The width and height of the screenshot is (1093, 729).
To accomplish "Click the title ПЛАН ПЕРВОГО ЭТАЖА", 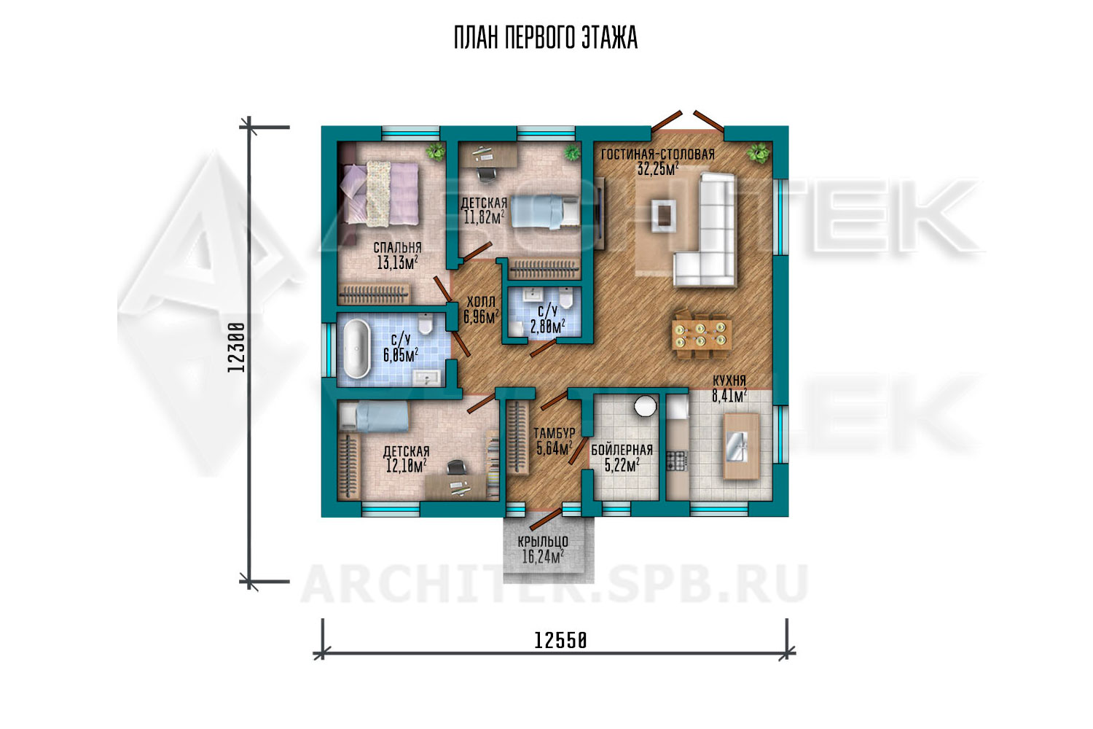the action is [546, 38].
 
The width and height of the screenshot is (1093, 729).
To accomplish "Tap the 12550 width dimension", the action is [560, 640].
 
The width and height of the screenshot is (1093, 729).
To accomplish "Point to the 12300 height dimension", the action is [236, 347].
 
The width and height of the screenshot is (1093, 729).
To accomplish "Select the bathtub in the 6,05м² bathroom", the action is [357, 349].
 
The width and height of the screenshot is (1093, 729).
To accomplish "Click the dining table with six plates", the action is [701, 335].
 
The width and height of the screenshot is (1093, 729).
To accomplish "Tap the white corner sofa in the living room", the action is [705, 230].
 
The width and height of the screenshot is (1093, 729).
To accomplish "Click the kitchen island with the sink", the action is [741, 446].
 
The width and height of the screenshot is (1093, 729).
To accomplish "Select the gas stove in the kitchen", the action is [677, 461].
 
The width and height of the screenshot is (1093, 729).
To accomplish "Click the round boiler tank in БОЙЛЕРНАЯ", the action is [645, 405].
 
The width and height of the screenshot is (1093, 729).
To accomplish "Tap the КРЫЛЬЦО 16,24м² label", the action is [543, 549].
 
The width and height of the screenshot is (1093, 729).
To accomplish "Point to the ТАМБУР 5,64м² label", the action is [555, 441].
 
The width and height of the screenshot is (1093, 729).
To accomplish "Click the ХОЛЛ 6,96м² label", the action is [481, 310].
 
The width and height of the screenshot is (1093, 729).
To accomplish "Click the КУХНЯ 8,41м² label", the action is [729, 388].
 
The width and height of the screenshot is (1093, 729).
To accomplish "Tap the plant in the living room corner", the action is [758, 153].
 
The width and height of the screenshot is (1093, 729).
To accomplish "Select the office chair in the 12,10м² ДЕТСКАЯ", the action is [456, 467].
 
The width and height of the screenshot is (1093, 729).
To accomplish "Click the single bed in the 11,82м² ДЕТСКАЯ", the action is [545, 211].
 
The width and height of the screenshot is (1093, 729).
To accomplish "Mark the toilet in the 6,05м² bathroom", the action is [426, 324].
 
